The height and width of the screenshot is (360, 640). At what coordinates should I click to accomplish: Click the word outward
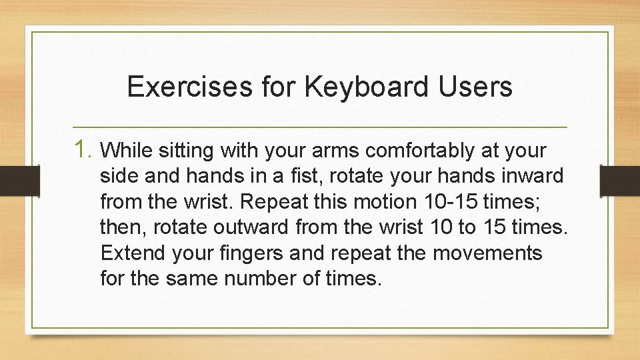coord(243,227)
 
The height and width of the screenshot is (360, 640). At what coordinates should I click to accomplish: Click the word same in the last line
coord(191,278)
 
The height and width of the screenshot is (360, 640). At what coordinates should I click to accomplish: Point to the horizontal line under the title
coord(320,127)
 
